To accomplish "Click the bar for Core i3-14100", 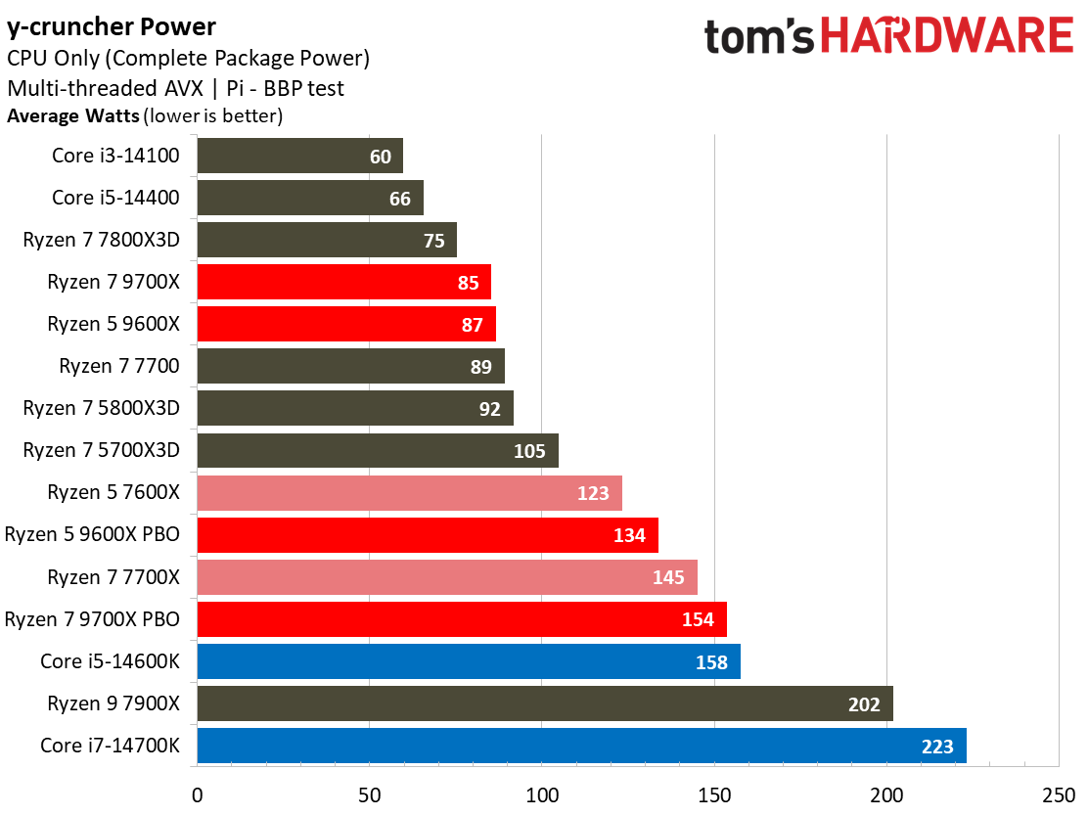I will pyautogui.click(x=299, y=156).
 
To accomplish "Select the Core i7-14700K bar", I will pyautogui.click(x=581, y=746).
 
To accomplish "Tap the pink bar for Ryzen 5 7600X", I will pyautogui.click(x=409, y=493).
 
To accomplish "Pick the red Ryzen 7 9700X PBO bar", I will pyautogui.click(x=462, y=619).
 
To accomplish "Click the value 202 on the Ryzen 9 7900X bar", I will pyautogui.click(x=864, y=703).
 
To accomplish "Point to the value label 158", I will pyautogui.click(x=711, y=662).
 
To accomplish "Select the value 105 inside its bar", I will pyautogui.click(x=529, y=451).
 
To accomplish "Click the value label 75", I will pyautogui.click(x=434, y=241).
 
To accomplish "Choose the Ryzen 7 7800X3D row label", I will pyautogui.click(x=102, y=240).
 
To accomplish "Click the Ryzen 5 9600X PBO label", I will pyautogui.click(x=92, y=535).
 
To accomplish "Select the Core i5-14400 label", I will pyautogui.click(x=115, y=198).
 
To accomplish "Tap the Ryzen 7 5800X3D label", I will pyautogui.click(x=102, y=408).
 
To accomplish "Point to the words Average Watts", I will pyautogui.click(x=73, y=116).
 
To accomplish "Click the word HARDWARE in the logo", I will pyautogui.click(x=946, y=38).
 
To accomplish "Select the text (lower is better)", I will pyautogui.click(x=213, y=116).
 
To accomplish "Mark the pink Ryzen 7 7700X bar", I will pyautogui.click(x=447, y=577).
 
